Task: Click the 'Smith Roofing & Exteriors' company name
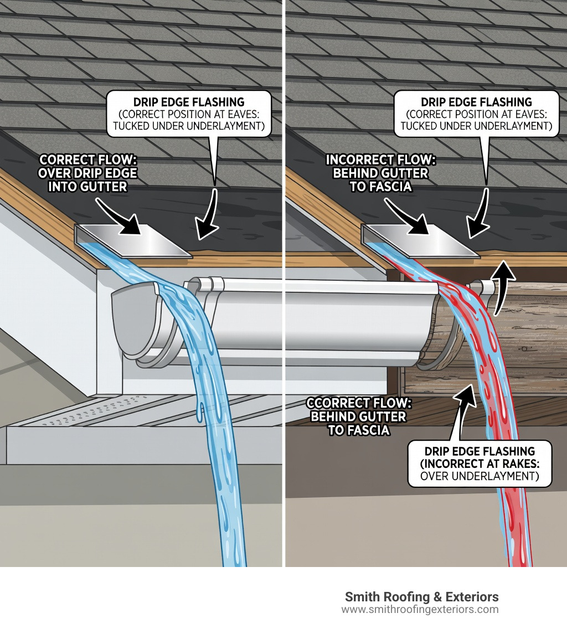(421, 597)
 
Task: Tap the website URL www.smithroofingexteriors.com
(420, 610)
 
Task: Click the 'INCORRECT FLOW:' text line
(381, 161)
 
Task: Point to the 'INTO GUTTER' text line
(87, 187)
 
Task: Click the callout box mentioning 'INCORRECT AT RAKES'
(480, 464)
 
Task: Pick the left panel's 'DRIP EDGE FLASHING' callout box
(189, 114)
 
